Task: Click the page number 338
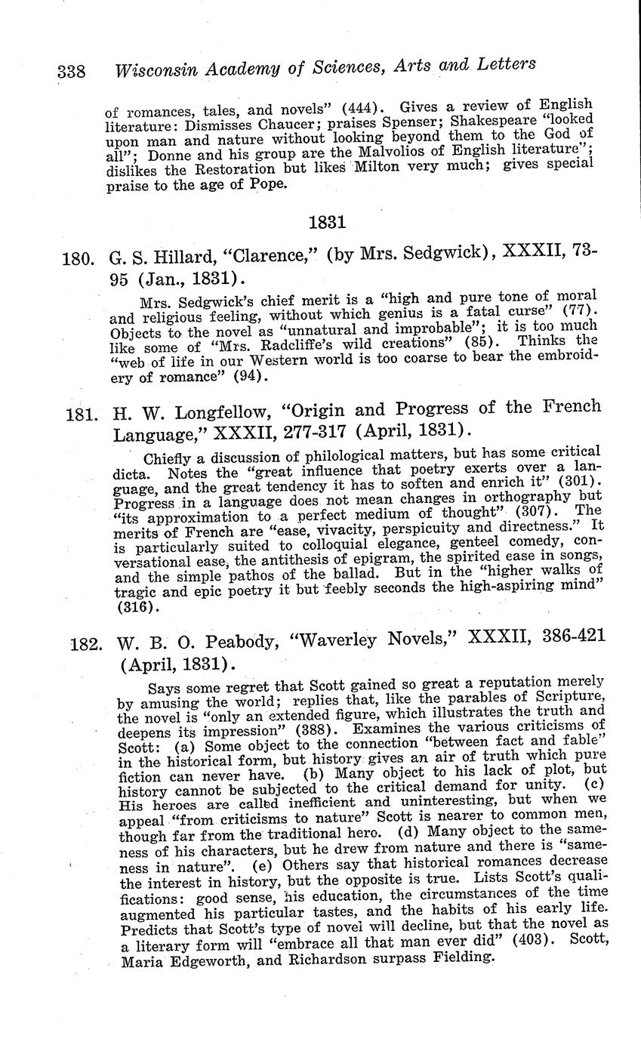tap(72, 72)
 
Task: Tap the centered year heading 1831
tap(327, 222)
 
